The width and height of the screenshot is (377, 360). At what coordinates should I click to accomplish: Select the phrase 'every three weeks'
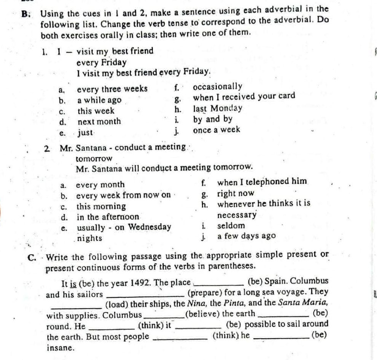pos(112,89)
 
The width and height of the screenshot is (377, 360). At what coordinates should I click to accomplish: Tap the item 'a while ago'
pos(99,100)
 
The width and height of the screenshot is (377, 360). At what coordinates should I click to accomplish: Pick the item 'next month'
pos(99,122)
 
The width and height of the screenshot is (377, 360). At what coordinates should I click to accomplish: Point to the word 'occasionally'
pos(217,87)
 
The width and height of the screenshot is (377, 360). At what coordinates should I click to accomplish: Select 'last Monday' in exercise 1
pos(217,108)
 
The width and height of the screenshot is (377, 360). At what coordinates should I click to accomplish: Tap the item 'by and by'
pos(212,119)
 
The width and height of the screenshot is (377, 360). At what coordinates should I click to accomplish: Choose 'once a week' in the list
pos(216,130)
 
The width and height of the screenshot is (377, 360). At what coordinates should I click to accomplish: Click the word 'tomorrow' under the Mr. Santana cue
pos(94,158)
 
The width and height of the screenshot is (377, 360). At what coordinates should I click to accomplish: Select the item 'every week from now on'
pos(123,196)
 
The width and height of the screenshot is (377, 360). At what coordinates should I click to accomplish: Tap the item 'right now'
pos(235,193)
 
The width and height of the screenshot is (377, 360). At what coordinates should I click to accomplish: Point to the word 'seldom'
pos(231,225)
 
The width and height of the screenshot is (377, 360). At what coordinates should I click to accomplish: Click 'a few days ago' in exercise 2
pos(246,236)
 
